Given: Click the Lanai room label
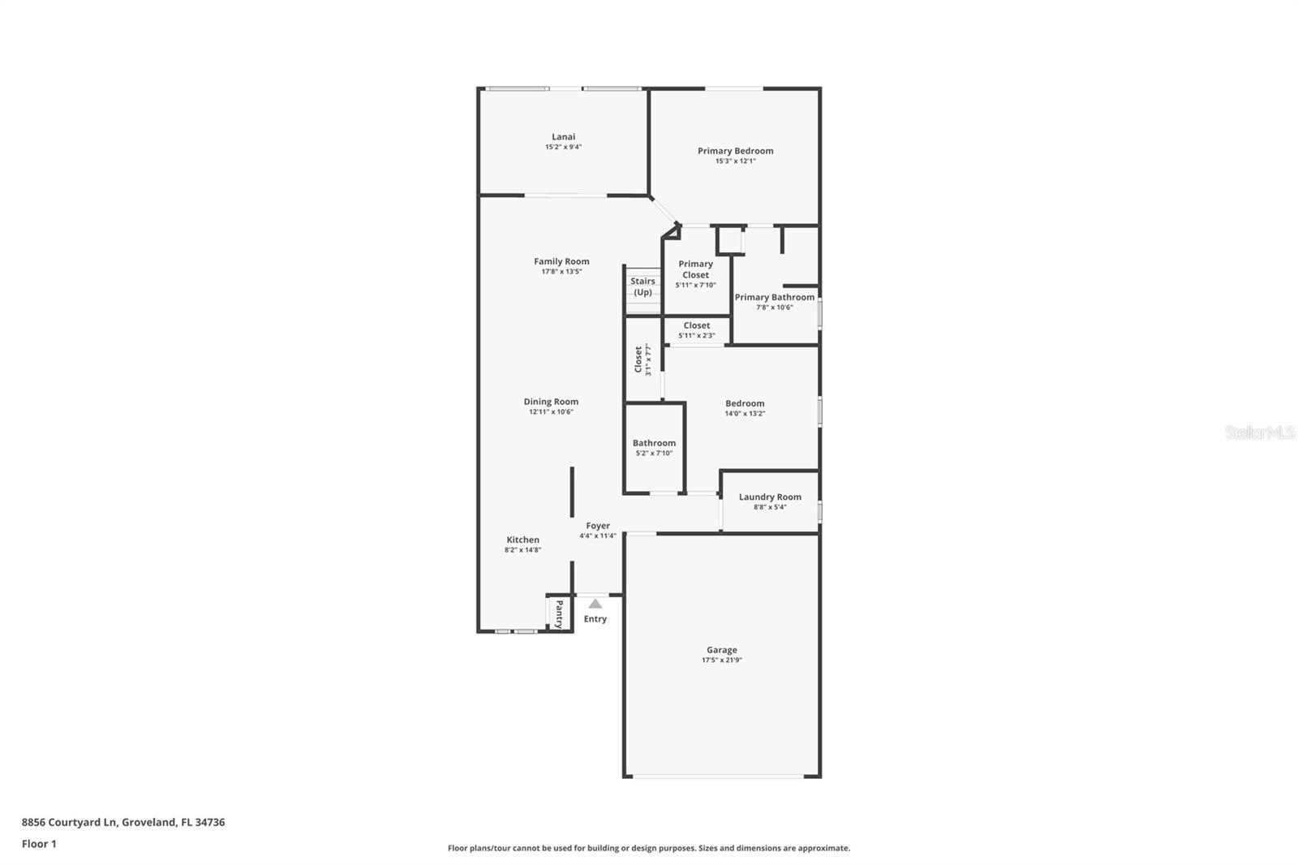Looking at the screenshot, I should pos(563,137).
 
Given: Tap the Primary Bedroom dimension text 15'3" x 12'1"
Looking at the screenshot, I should pos(735,161).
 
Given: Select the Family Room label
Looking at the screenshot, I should pos(561,261).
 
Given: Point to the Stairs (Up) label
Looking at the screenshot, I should pos(643,286).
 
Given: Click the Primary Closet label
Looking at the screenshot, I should pos(695,269).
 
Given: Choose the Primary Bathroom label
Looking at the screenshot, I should pos(774,297).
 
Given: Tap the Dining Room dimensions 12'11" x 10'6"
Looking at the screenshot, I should pos(551,412).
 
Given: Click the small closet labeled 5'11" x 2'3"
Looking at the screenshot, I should pos(696,330).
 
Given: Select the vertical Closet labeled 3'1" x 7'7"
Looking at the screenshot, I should pos(643,359).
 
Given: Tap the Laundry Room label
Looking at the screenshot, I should pos(770,497).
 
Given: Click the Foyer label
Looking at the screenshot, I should pos(598,526).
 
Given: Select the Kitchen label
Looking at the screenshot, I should pos(522,540).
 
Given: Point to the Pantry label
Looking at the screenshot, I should pos(559,614).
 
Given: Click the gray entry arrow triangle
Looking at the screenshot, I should pos(595,604).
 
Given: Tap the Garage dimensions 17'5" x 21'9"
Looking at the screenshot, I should pos(721,661).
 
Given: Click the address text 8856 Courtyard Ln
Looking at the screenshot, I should pos(71,822).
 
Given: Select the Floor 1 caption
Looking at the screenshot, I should pos(39,844).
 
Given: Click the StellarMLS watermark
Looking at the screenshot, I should pos(1259,432).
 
